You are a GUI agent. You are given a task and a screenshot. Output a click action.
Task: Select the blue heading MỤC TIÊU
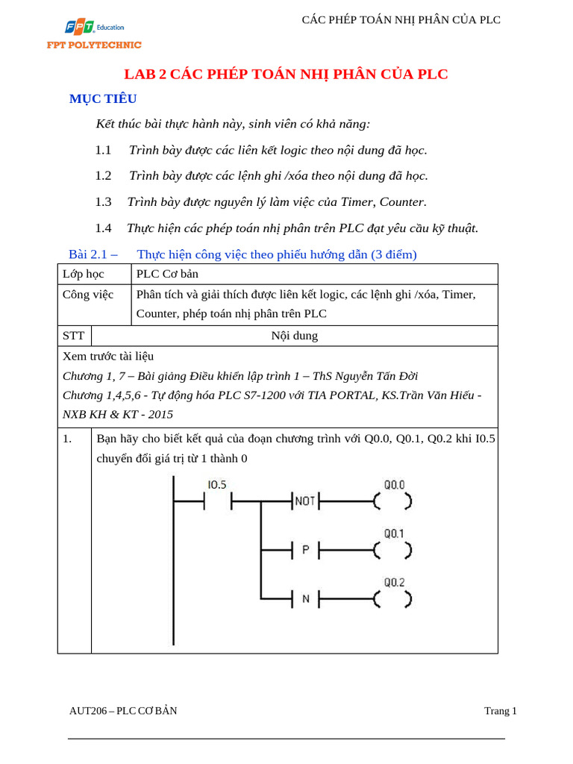(103, 99)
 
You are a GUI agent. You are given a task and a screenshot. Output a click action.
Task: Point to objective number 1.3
(103, 201)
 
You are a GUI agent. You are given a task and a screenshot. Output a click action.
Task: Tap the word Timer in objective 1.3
(358, 201)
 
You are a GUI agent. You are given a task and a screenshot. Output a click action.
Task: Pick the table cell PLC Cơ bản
(167, 274)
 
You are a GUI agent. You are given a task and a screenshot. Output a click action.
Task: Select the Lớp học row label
(84, 274)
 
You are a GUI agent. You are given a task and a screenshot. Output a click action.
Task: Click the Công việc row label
(88, 294)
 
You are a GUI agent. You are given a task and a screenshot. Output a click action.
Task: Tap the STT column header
(73, 336)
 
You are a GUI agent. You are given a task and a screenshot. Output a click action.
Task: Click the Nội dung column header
(294, 336)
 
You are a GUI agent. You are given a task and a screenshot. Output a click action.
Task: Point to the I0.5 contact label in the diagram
(216, 485)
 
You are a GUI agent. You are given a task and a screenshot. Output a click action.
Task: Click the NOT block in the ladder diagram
(304, 501)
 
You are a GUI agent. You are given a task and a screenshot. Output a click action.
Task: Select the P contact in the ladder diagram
(304, 551)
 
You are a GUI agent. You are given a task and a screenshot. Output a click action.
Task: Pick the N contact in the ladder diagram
(304, 598)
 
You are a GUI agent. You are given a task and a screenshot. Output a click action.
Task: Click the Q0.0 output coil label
(394, 485)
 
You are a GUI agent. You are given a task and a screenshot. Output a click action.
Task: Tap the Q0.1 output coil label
(394, 533)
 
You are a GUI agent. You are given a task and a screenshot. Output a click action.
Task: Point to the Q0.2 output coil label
(394, 582)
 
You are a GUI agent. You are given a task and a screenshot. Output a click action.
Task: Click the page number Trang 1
(500, 711)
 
